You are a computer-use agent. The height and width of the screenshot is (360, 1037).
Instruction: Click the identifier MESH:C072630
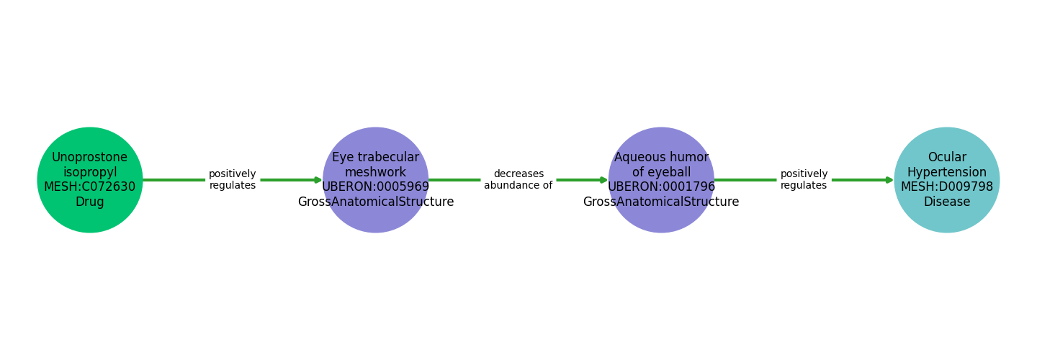90,187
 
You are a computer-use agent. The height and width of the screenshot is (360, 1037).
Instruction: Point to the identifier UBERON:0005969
375,187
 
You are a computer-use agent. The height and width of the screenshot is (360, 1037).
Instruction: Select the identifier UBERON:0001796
661,187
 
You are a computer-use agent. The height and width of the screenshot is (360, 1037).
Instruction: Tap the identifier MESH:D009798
946,187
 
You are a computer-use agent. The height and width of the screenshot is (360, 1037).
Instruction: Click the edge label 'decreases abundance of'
518,180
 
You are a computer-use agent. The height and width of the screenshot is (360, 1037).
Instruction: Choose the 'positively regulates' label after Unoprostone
233,180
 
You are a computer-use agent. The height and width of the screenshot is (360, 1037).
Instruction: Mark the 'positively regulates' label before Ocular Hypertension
804,180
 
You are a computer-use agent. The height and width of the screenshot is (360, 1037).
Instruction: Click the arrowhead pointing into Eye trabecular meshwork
318,180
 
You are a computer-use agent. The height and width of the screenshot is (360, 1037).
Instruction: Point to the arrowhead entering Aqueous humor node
603,180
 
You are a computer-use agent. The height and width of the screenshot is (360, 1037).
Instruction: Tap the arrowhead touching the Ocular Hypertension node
889,180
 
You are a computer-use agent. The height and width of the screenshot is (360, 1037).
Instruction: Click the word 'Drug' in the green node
90,202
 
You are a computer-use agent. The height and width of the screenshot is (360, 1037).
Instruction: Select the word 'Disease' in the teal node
946,202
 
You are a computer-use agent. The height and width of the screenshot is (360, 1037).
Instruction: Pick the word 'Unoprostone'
90,158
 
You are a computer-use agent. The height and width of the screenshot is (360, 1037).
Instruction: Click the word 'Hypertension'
946,173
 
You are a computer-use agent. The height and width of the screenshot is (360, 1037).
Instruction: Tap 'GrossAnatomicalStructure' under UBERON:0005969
375,202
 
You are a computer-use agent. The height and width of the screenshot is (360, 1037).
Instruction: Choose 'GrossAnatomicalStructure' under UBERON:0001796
661,202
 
